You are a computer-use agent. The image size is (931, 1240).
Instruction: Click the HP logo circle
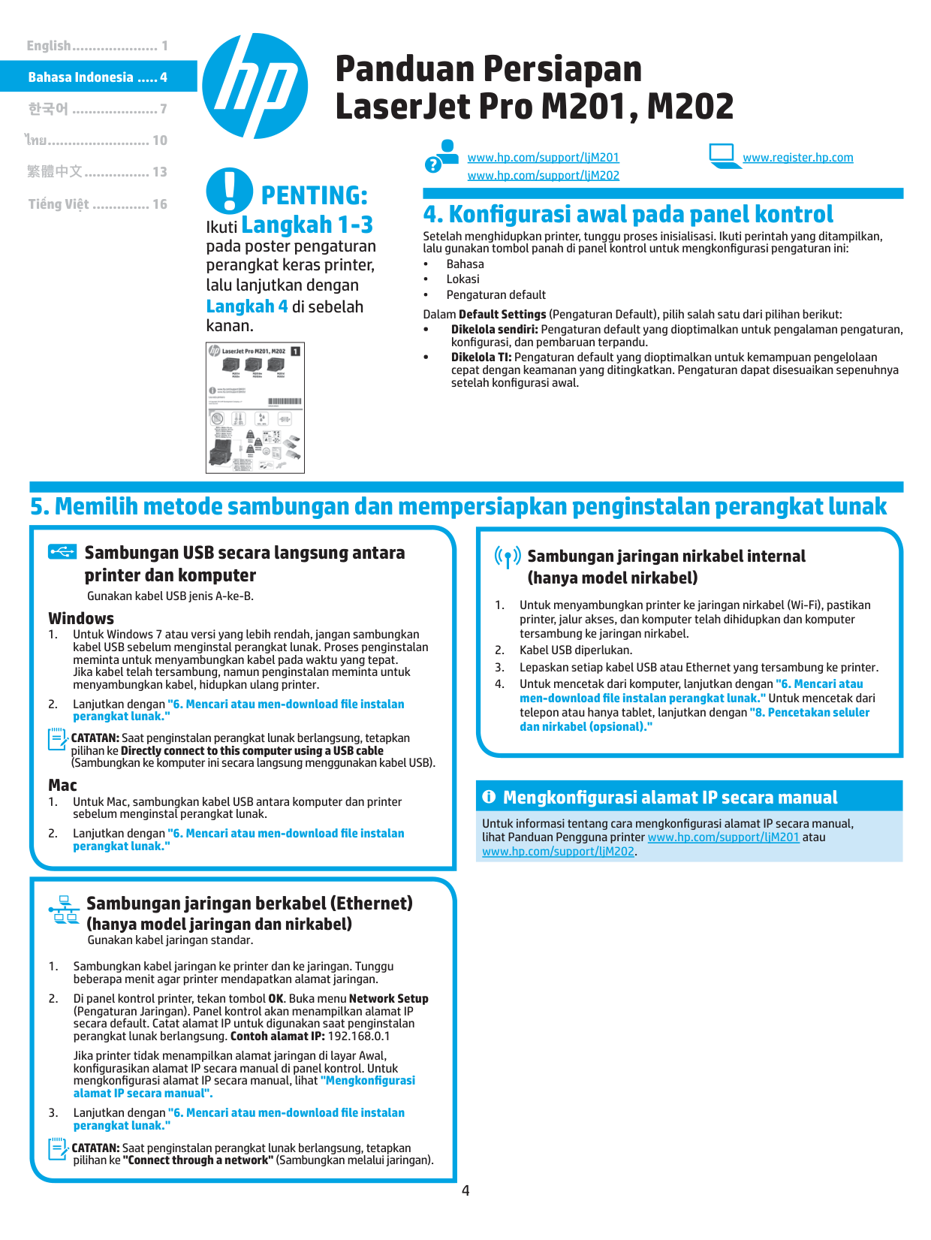tap(255, 86)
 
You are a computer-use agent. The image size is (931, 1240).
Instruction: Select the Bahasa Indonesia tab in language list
tap(98, 77)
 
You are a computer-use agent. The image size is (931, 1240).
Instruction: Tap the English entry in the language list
tap(97, 46)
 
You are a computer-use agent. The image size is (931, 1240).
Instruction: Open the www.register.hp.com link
tap(797, 158)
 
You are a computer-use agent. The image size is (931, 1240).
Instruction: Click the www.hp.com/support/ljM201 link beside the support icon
tap(543, 158)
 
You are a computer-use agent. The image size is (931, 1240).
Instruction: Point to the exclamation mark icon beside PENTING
tap(229, 190)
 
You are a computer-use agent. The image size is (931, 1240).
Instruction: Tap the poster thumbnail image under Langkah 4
tap(255, 408)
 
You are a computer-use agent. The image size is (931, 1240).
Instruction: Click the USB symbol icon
tap(62, 552)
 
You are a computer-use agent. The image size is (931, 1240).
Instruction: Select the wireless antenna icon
tap(508, 557)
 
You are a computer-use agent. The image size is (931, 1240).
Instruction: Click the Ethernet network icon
tap(65, 910)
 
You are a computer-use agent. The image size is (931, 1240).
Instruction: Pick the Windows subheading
tap(81, 618)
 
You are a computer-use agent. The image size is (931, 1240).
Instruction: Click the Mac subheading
tap(62, 785)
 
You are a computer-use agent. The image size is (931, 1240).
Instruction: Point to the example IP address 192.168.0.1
tap(358, 1036)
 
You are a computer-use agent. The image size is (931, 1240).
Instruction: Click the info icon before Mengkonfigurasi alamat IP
tap(489, 797)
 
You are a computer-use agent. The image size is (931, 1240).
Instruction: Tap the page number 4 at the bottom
tap(465, 1190)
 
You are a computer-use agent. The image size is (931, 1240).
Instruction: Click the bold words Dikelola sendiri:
tap(494, 330)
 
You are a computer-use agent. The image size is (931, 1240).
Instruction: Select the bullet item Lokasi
tap(462, 279)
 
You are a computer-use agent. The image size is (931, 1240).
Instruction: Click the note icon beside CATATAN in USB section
tap(58, 740)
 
